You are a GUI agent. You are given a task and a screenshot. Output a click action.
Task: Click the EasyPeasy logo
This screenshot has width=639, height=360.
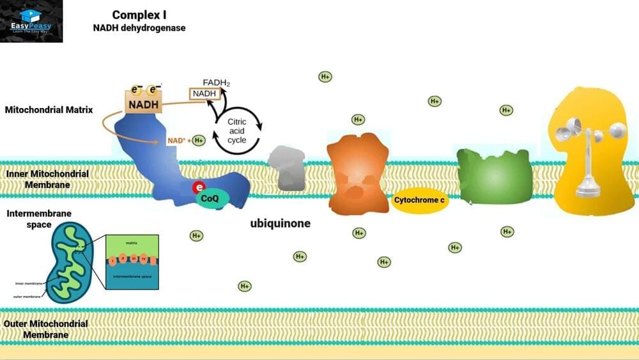click(31, 21)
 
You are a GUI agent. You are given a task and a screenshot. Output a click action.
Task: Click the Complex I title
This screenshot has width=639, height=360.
click(139, 15)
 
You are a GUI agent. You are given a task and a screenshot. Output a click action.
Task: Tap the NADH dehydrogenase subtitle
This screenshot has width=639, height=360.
click(139, 28)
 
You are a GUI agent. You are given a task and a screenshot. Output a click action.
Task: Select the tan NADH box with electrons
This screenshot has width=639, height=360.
click(144, 101)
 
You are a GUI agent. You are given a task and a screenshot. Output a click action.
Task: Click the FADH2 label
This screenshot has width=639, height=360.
click(216, 82)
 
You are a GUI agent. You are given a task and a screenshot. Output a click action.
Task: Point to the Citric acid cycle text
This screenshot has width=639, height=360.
click(236, 130)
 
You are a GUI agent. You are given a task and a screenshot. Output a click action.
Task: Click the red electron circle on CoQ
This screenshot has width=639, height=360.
click(199, 187)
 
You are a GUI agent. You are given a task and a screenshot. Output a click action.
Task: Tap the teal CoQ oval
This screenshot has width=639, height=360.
click(210, 198)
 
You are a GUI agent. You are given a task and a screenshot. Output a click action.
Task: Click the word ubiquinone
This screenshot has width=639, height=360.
click(280, 224)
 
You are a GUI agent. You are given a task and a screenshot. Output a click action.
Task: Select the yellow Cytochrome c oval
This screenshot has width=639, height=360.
click(420, 200)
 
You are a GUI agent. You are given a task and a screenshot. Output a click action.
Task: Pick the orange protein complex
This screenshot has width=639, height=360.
click(357, 172)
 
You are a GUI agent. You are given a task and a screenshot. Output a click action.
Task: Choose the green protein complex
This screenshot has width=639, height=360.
click(494, 176)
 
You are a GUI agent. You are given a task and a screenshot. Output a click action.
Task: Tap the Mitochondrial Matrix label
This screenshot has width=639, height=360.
click(49, 110)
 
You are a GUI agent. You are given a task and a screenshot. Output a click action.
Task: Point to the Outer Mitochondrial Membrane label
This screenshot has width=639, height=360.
click(45, 329)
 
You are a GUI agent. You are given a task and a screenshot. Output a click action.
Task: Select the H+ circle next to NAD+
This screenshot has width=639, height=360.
click(199, 140)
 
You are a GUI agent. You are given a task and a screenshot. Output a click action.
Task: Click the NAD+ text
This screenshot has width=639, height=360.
click(176, 140)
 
